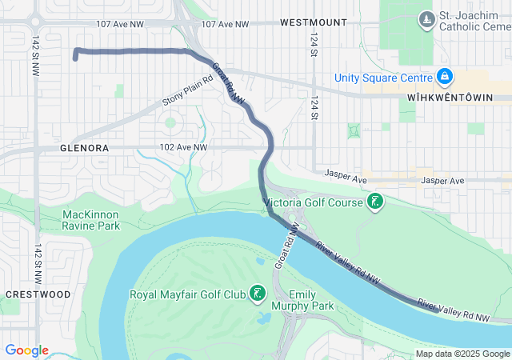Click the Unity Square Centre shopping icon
tap(445, 78)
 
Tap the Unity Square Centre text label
tap(386, 78)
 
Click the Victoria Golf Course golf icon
tap(374, 202)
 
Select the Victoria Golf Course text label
tap(314, 203)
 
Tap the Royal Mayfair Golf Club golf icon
tap(257, 294)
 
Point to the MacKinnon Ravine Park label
tap(90, 221)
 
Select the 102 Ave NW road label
tap(183, 148)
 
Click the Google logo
tap(26, 350)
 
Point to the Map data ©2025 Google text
tap(462, 354)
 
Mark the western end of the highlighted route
tap(75, 58)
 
